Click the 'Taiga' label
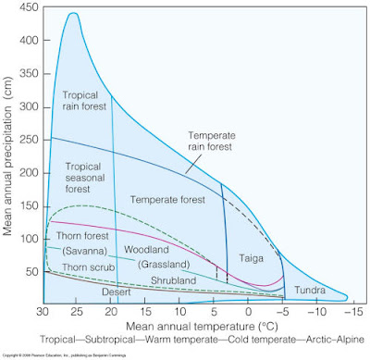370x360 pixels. click(252, 260)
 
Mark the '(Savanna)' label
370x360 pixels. click(83, 252)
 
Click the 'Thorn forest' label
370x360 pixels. click(76, 237)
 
